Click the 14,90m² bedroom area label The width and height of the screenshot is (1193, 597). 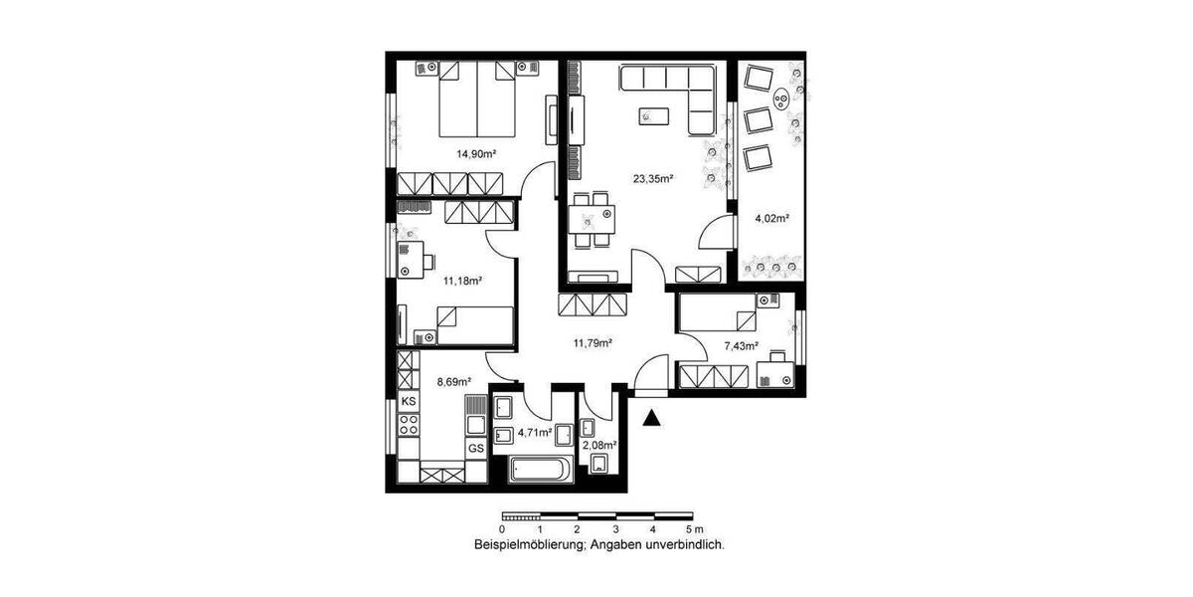(x=476, y=154)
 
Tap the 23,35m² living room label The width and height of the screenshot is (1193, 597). (x=654, y=180)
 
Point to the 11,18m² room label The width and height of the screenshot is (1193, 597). (x=462, y=282)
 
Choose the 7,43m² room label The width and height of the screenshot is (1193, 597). (x=741, y=346)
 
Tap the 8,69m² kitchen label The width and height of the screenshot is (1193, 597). (x=451, y=380)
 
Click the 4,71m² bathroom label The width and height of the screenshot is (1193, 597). (x=537, y=433)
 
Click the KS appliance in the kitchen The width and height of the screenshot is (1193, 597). (x=408, y=400)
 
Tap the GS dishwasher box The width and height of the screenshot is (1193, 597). (x=476, y=449)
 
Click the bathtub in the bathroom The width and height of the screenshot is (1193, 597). (x=538, y=470)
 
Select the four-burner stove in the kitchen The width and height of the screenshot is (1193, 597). (x=409, y=426)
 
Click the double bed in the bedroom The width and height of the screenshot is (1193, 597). (x=477, y=99)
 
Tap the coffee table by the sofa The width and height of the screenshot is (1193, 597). (x=654, y=116)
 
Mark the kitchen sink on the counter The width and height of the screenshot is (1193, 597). (x=475, y=409)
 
